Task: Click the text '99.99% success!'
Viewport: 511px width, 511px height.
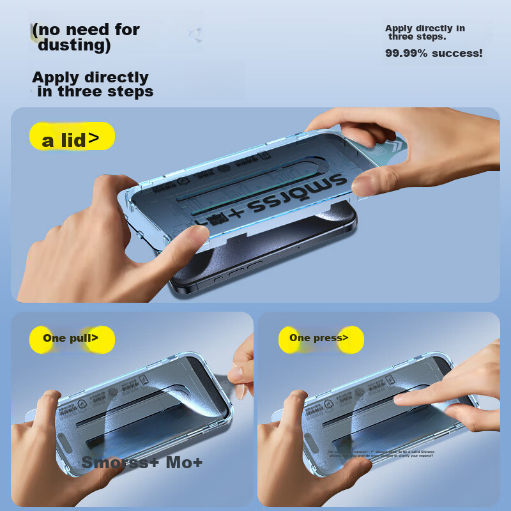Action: tap(433, 54)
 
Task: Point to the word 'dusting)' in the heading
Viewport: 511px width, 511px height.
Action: tap(74, 46)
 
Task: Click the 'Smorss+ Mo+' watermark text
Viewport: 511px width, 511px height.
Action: tap(142, 462)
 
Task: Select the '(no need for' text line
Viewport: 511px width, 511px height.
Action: tap(86, 29)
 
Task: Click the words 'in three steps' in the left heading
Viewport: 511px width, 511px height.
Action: tap(95, 92)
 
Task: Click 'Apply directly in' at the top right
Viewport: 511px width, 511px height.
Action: tap(425, 28)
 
